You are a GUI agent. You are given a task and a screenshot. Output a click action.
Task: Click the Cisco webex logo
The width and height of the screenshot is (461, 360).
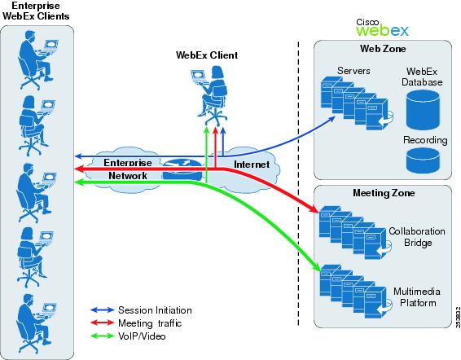(382, 28)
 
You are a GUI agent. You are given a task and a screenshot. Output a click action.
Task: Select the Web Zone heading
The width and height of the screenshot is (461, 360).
(383, 49)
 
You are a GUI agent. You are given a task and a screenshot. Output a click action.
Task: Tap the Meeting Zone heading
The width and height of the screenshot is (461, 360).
(384, 193)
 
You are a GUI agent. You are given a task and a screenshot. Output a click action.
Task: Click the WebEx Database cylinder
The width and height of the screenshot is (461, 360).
(423, 110)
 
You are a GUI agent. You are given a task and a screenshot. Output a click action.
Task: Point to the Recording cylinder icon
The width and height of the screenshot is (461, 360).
(423, 160)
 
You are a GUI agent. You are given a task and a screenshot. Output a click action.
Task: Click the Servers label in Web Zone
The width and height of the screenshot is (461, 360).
(353, 71)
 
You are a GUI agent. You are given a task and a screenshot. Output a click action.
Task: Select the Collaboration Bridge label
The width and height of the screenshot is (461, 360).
(417, 237)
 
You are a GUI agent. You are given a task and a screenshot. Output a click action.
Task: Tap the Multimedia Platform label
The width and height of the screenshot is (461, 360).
(417, 297)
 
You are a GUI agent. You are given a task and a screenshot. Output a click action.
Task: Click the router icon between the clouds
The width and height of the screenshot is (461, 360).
(182, 169)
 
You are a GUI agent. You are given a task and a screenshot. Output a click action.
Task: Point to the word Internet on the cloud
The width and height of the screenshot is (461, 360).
(252, 165)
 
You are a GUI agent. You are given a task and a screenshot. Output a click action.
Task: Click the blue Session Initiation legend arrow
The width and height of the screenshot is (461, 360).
(103, 310)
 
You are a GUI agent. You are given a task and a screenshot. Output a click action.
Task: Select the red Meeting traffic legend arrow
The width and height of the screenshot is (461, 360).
(103, 323)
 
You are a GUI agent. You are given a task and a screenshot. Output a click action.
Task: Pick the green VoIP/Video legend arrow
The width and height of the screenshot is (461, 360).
(103, 336)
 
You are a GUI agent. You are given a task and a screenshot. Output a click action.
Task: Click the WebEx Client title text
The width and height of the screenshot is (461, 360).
(207, 55)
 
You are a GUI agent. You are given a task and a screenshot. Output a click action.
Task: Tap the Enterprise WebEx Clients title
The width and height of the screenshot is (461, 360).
(36, 11)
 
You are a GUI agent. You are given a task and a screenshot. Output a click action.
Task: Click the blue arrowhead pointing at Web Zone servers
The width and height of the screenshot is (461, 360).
(331, 118)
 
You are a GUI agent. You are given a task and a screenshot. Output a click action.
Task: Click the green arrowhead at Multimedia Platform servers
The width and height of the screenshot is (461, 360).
(316, 267)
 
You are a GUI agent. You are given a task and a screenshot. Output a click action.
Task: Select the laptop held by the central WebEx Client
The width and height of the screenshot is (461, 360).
(198, 77)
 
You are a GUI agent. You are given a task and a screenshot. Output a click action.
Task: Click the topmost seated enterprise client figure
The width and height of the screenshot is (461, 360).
(37, 59)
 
